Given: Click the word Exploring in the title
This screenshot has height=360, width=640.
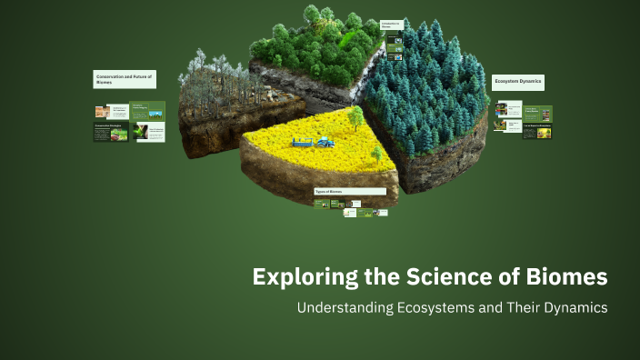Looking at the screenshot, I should (x=293, y=276).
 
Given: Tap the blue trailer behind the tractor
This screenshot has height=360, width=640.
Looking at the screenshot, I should (x=303, y=142).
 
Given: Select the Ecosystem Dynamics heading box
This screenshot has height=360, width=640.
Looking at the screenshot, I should (x=518, y=82).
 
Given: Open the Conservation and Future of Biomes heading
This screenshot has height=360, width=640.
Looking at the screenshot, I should (x=126, y=80).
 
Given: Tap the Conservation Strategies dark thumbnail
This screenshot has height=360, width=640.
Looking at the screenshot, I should (x=111, y=132).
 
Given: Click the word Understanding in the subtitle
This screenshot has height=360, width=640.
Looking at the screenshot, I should (x=345, y=307).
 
